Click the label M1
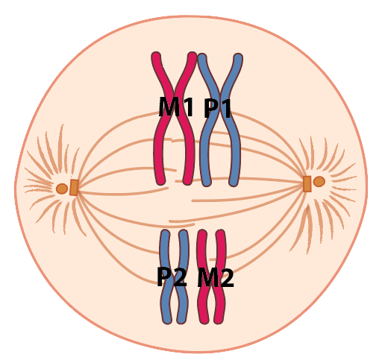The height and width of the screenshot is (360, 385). (x=176, y=107)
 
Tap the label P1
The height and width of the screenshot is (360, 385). (x=218, y=108)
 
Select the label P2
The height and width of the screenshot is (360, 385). (x=172, y=277)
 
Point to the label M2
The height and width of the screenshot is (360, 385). (x=216, y=277)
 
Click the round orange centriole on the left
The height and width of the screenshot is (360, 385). (x=62, y=189)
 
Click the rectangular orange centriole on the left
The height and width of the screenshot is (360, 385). (x=74, y=187)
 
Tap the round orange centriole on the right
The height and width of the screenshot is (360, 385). (x=319, y=182)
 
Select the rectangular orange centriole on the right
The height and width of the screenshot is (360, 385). (x=307, y=184)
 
